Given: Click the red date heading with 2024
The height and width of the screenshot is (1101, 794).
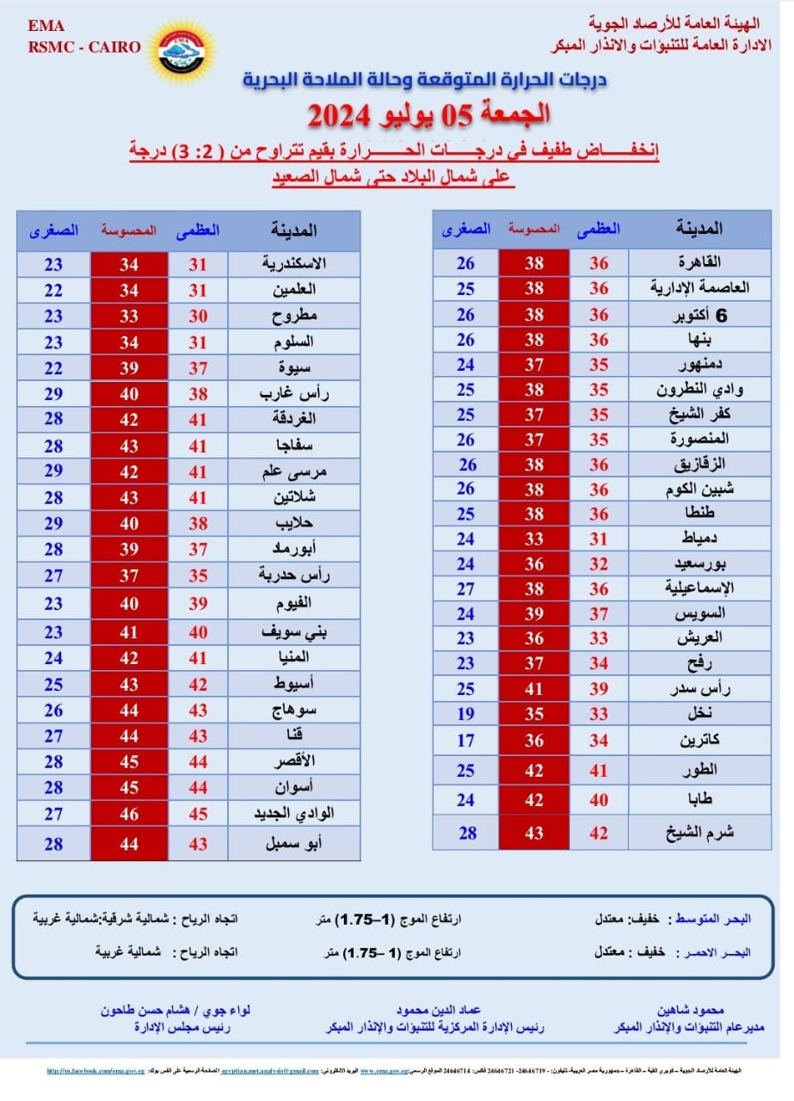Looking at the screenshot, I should point(428,114).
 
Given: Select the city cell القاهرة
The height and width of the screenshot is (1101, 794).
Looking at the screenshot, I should point(700,263).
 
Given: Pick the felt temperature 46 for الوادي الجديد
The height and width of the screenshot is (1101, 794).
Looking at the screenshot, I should point(129,814).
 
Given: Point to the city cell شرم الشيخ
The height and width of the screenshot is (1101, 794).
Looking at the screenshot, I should point(700,833).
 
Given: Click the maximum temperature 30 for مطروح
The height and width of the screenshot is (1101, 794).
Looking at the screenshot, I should point(199,316).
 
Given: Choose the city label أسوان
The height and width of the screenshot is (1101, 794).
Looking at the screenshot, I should point(293,789).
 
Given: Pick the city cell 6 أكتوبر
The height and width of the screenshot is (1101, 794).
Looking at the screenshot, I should point(700,315).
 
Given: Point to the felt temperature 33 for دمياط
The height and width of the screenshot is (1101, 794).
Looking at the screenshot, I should point(534,539).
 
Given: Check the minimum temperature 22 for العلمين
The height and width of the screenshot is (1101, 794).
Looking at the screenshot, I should point(53,290).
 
